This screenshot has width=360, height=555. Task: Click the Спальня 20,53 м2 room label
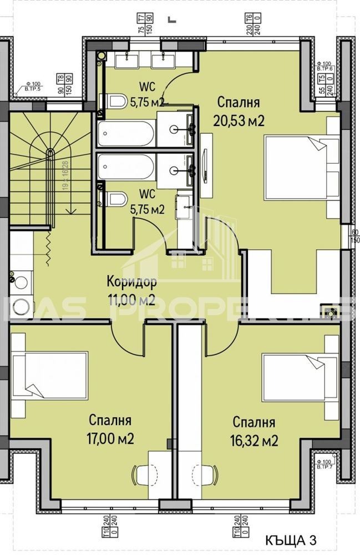coord(239,111)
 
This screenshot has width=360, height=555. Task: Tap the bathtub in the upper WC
coord(126,133)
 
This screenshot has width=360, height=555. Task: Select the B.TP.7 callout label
coord(325,465)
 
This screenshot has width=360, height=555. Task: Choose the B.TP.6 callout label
coord(325,67)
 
